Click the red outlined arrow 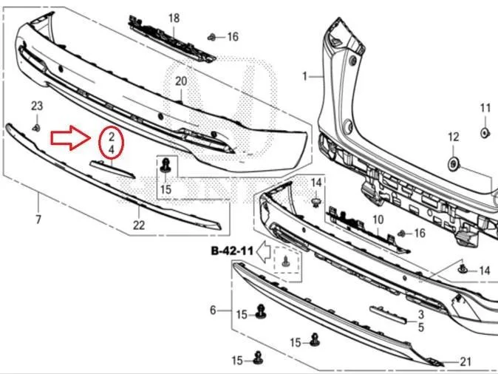(70, 137)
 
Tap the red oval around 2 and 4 (100, 143)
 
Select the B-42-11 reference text (232, 251)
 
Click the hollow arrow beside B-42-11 (263, 251)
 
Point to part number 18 (174, 18)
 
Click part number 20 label (181, 81)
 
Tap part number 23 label (37, 106)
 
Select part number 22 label (139, 225)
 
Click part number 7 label (38, 220)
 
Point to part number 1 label (305, 76)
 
